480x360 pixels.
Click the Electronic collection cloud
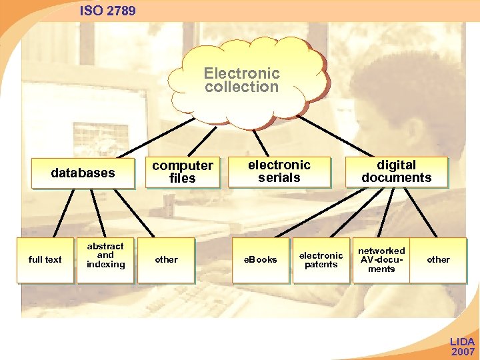tap(241, 80)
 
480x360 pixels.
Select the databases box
tap(83, 173)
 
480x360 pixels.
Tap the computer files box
tap(183, 172)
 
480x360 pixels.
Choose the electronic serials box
tap(279, 171)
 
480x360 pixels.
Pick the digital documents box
tap(396, 171)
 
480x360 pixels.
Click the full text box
tap(45, 260)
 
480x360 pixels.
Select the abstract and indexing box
tap(105, 256)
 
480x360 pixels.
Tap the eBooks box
tap(260, 260)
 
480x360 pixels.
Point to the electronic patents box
tap(321, 260)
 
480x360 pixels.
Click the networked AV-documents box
tap(381, 260)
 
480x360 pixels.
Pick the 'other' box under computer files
tap(166, 260)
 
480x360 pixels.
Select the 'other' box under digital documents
tap(438, 260)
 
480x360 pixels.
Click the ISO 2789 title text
tap(107, 11)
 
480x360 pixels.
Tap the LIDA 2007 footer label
tap(463, 347)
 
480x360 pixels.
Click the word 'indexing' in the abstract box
tap(105, 265)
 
